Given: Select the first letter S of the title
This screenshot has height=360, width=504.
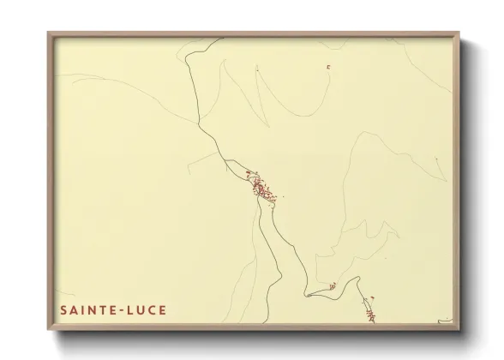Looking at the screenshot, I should [x=63, y=309].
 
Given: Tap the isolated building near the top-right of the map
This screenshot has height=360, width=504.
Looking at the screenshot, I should [x=327, y=67].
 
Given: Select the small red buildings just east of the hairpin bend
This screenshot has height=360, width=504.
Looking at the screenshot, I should [x=332, y=286].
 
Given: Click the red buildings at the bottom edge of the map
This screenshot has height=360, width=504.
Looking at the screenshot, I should [x=369, y=312].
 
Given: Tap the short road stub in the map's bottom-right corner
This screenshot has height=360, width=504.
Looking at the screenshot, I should [x=444, y=323].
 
